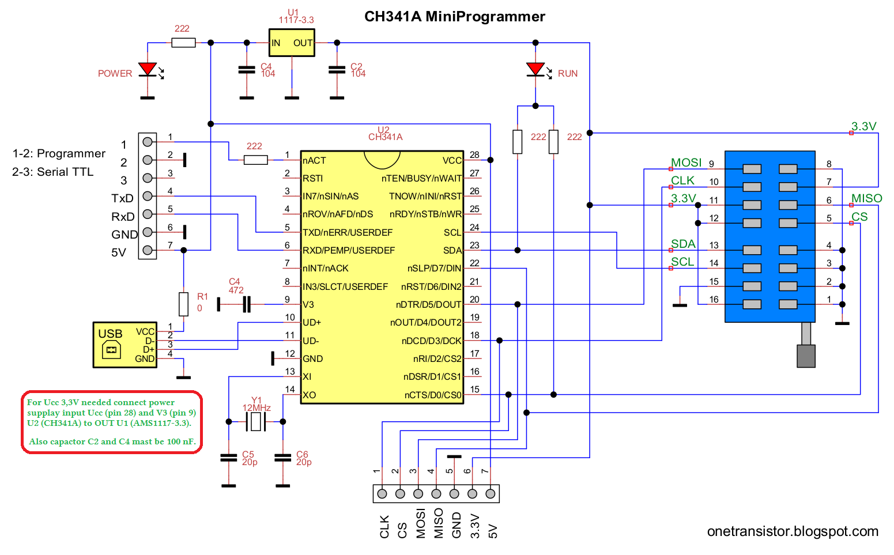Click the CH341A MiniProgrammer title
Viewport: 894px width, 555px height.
tap(454, 17)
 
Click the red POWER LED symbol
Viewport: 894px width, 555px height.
tap(148, 70)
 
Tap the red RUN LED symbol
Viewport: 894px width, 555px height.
tap(535, 70)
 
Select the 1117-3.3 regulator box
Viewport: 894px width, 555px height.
tap(292, 43)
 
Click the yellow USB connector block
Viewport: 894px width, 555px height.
tap(125, 345)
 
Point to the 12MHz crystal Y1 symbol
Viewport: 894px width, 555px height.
tap(256, 422)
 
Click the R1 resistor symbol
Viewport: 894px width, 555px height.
tap(183, 304)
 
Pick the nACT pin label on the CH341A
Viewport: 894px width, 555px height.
tap(315, 161)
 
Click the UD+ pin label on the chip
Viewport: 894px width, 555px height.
tap(312, 323)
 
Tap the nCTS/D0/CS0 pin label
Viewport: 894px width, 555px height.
tap(433, 395)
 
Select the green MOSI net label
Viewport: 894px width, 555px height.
tap(686, 163)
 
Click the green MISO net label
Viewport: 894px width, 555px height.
tap(866, 199)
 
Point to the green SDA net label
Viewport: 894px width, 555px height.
tap(683, 244)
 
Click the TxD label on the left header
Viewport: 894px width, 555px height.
tap(122, 199)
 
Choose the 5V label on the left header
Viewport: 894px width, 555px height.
tap(119, 253)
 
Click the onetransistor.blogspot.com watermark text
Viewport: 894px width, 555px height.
tap(793, 531)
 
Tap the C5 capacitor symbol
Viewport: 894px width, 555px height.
tap(229, 458)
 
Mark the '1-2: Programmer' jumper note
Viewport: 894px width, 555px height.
tap(59, 154)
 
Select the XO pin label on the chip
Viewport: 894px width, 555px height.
tap(310, 395)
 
